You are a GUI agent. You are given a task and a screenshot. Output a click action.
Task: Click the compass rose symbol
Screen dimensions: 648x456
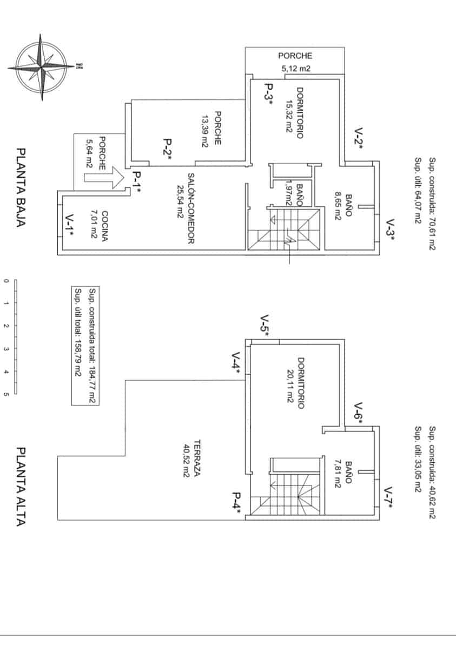coord(41,66)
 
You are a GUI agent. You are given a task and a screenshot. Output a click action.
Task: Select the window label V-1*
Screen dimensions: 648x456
coord(69,225)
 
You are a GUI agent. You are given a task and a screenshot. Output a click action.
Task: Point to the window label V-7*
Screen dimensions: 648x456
coord(388,498)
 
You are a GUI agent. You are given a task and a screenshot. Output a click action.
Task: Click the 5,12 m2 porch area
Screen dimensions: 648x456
coord(295,69)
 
